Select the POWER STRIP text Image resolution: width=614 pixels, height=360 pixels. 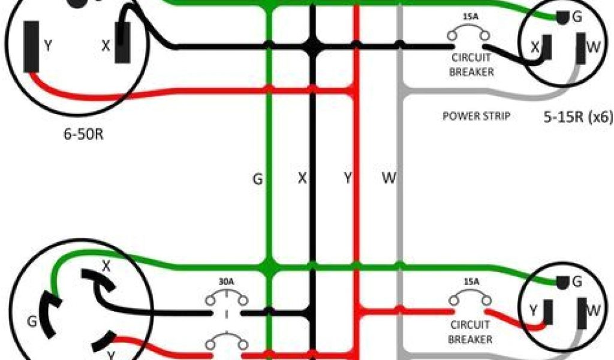(476, 116)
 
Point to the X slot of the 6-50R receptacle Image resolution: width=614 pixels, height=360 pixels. (123, 43)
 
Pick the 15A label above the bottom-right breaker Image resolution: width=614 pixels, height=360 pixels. (471, 281)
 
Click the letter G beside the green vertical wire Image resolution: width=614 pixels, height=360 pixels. (257, 178)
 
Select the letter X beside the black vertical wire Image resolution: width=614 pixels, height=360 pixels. (302, 178)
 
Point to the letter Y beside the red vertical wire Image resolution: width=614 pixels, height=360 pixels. (347, 178)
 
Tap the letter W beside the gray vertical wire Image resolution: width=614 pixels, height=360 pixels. (388, 178)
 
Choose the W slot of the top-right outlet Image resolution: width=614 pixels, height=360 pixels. (580, 48)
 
